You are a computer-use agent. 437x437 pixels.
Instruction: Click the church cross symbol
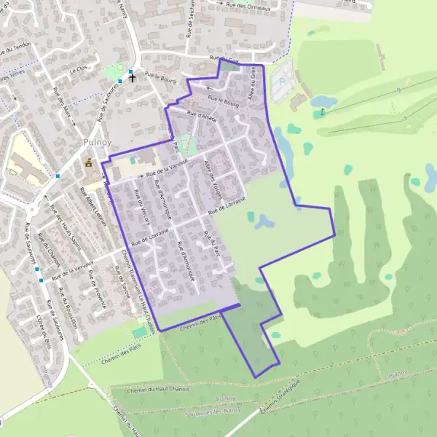pos(133,76)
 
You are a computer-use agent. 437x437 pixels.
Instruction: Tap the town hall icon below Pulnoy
pos(89,162)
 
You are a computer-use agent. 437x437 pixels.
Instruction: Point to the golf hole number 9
pos(398,90)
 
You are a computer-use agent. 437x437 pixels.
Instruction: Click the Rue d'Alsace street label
pos(202,115)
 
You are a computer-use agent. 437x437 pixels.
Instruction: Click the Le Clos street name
pos(78,71)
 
